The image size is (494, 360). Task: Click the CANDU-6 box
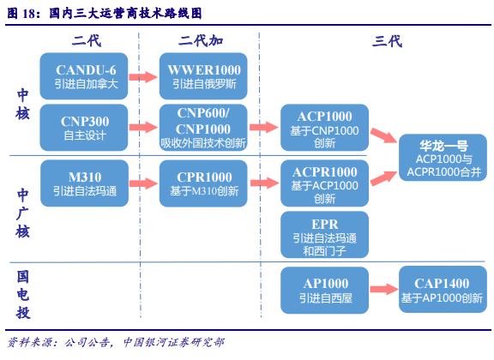84,76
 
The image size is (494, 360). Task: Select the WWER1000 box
203,76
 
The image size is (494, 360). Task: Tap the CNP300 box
84,128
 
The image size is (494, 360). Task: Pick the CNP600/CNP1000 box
203,128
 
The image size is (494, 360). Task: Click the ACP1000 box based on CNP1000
324,128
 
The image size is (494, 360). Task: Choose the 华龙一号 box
443,158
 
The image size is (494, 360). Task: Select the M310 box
84,183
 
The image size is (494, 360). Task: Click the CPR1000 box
203,183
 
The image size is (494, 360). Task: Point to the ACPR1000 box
324,183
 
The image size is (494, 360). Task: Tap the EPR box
324,235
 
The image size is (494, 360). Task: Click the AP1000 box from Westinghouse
324,291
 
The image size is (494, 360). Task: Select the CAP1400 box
443,290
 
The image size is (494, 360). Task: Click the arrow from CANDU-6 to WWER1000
143,76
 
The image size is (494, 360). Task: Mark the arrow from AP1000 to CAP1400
384,289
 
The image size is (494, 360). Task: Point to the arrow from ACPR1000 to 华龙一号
384,178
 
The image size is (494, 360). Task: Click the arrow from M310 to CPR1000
144,183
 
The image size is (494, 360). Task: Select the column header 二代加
201,41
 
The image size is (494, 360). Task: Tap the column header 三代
387,41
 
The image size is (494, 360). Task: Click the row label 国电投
23,295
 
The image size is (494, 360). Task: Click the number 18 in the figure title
28,13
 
